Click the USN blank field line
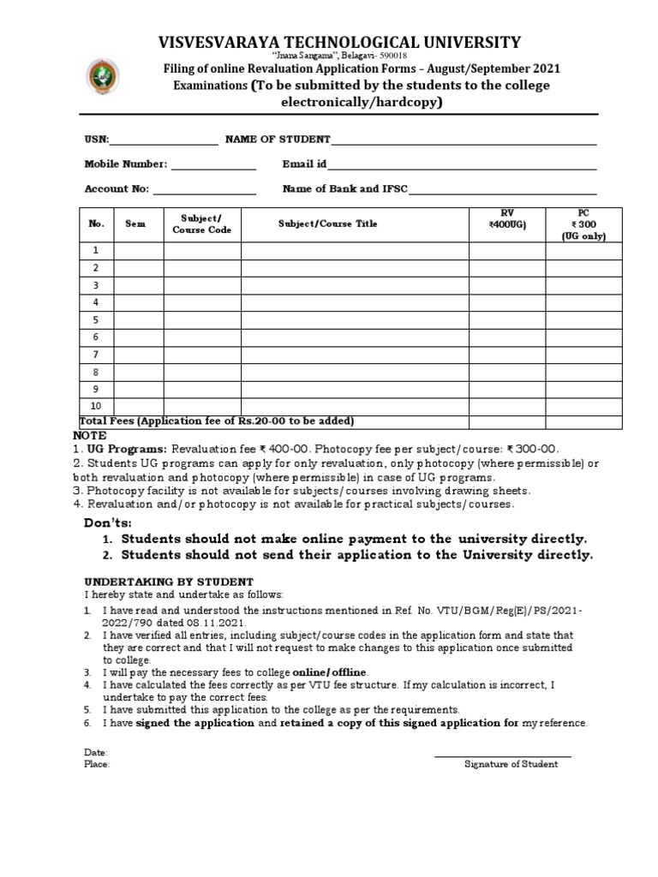(164, 145)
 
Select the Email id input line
(463, 169)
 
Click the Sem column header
(136, 224)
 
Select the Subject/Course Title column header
(327, 224)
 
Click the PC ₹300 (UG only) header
(583, 224)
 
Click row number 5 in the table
(97, 319)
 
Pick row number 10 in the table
(97, 407)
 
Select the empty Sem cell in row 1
(139, 250)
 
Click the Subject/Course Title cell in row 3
(354, 285)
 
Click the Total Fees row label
(217, 421)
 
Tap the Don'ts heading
(108, 523)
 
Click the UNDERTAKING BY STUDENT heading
(168, 582)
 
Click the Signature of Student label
(511, 764)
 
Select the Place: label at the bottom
(97, 764)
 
